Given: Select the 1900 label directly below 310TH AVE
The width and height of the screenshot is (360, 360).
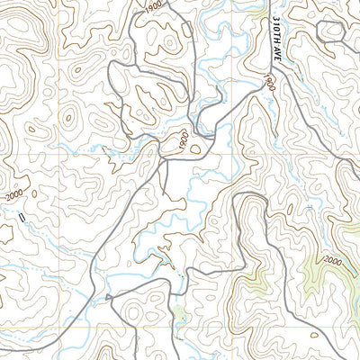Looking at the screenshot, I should [x=270, y=83].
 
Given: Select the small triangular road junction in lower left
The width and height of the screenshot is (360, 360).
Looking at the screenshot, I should [x=109, y=297].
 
